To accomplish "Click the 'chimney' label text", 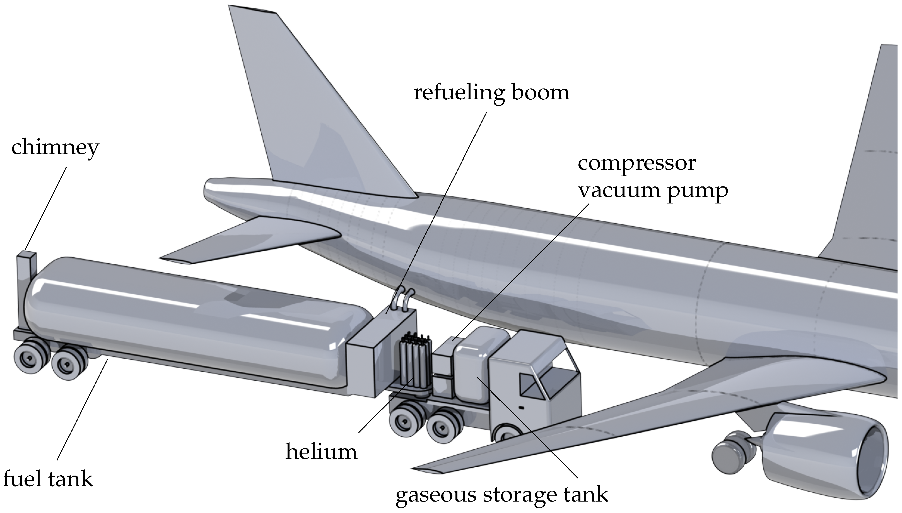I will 55,148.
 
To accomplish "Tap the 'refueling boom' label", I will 491,93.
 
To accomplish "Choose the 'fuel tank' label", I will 48,479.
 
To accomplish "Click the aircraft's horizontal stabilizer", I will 254,239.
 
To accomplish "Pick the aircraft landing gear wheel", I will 727,458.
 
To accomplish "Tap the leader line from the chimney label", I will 46,208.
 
